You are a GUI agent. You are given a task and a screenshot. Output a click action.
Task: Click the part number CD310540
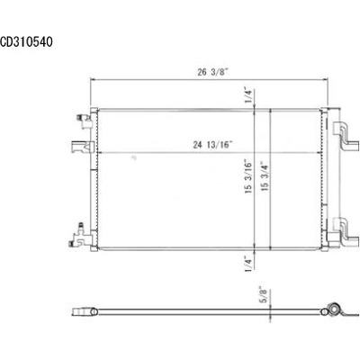tap(28, 40)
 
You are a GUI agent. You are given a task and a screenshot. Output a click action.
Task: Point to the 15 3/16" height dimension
tap(245, 176)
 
